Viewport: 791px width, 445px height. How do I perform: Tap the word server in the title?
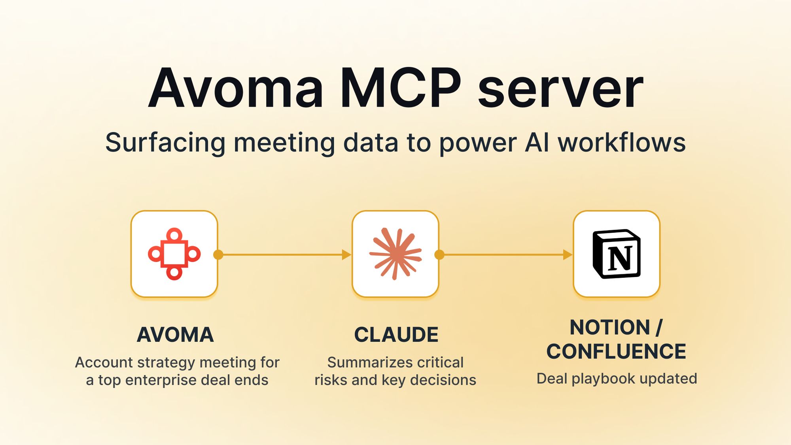(x=561, y=89)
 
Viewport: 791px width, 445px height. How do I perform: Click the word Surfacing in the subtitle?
(x=165, y=143)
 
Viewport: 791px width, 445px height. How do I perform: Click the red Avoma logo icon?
(x=174, y=254)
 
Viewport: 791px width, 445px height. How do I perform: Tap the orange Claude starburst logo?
(x=395, y=254)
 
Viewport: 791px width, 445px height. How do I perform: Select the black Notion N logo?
(x=617, y=254)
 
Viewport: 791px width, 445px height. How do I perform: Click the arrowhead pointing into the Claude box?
(x=346, y=255)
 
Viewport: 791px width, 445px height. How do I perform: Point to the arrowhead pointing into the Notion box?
(x=567, y=255)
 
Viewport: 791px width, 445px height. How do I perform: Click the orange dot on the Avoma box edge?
(x=218, y=255)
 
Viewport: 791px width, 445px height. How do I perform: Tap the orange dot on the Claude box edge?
(x=439, y=255)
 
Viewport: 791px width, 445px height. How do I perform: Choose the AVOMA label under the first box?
(x=175, y=335)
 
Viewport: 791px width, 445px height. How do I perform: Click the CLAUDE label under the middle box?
(x=396, y=335)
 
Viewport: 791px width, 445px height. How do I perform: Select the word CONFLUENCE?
(x=616, y=351)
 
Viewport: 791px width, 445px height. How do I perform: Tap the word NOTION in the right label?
(x=610, y=327)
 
